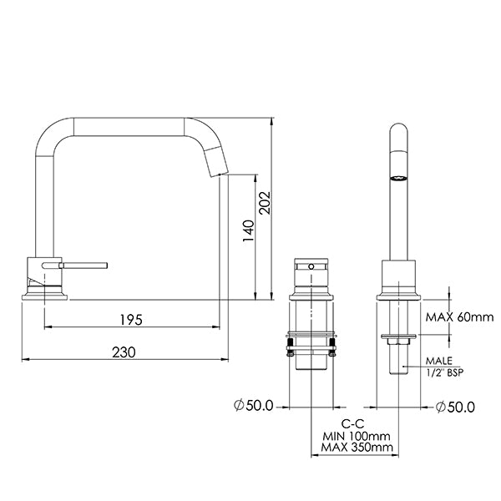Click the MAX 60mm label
[x=460, y=317]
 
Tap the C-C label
[x=352, y=423]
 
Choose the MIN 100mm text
[x=356, y=436]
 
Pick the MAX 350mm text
[x=356, y=448]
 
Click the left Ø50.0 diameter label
[x=254, y=407]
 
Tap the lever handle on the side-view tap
[x=83, y=266]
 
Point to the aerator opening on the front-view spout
[x=398, y=179]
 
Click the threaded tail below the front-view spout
[x=398, y=359]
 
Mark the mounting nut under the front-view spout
[x=398, y=338]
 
